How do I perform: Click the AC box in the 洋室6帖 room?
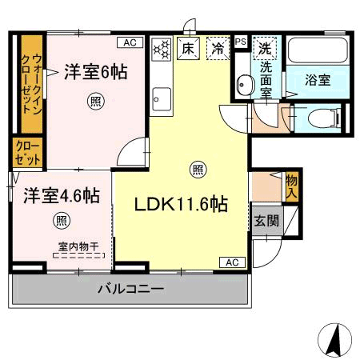tap(130, 42)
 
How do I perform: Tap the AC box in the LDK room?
tap(232, 262)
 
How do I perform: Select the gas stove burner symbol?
tap(162, 50)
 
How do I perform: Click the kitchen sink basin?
tap(162, 99)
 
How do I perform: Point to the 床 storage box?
tap(189, 48)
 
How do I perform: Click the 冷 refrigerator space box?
tap(218, 48)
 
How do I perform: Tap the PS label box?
tap(241, 42)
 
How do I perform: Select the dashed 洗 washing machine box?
tap(265, 48)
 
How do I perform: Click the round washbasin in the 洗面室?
tap(246, 85)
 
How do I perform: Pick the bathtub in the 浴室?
tap(318, 50)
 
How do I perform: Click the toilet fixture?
tap(325, 118)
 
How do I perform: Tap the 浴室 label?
tap(318, 80)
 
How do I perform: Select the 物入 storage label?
tap(291, 186)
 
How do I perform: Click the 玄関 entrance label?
tap(266, 221)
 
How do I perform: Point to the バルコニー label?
tap(130, 289)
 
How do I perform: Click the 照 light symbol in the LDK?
tap(198, 170)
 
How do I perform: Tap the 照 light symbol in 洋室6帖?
tap(96, 101)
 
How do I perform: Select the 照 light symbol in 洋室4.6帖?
tap(62, 221)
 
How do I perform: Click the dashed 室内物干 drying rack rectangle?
tap(78, 255)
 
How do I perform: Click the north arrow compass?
tap(335, 340)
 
